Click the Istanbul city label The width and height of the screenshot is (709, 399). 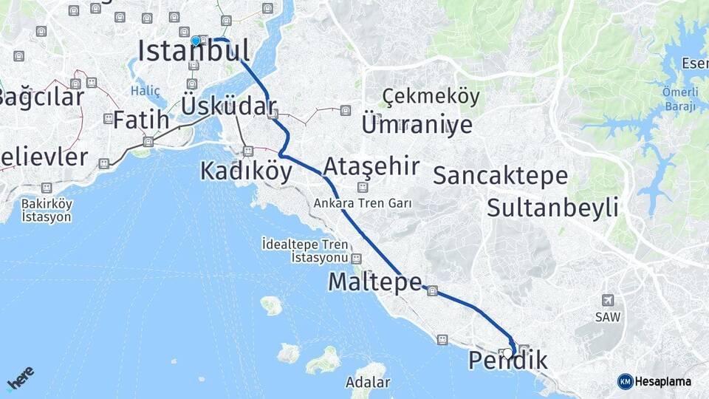[193, 50]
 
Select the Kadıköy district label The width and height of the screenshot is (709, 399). [246, 171]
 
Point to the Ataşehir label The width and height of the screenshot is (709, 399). [371, 165]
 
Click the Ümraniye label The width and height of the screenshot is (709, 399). [417, 124]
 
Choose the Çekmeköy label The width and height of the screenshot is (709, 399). [431, 97]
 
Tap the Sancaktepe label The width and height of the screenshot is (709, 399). [500, 176]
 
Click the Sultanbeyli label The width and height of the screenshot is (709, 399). [552, 208]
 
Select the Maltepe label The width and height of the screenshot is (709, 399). [375, 282]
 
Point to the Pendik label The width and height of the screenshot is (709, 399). [508, 361]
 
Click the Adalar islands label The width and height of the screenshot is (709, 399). [368, 383]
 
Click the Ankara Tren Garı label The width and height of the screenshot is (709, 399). [362, 202]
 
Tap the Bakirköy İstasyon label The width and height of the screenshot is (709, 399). [46, 210]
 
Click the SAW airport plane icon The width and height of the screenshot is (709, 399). [608, 300]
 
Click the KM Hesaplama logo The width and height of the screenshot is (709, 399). [654, 381]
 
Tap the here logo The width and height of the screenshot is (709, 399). [20, 379]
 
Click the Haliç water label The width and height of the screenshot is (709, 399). [145, 91]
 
